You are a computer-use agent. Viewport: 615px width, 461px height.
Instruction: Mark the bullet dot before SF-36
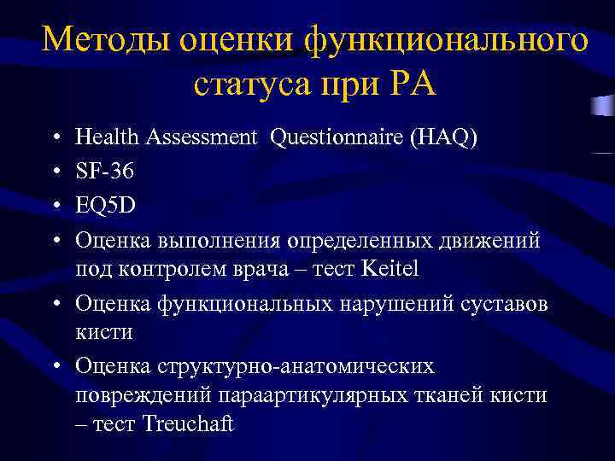tap(55, 172)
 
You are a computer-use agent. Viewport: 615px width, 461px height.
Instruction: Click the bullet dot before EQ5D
tap(55, 206)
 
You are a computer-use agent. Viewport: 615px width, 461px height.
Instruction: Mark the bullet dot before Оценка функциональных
tap(55, 302)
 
